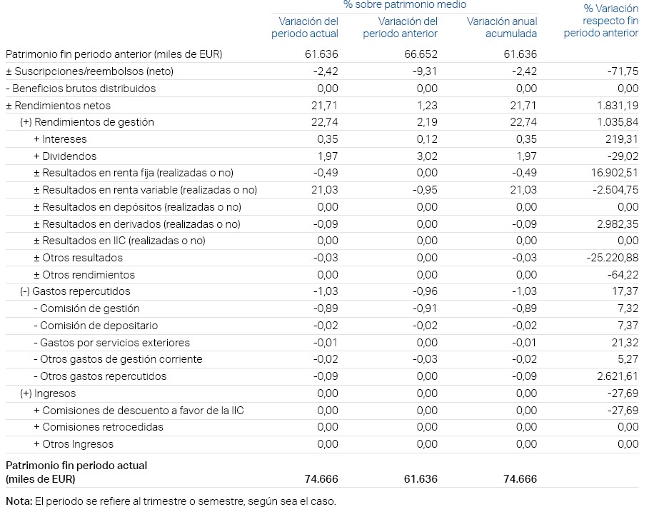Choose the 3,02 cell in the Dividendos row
pyautogui.click(x=426, y=156)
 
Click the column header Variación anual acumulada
pyautogui.click(x=502, y=28)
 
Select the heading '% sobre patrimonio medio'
pyautogui.click(x=404, y=5)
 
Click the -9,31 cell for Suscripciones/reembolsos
pyautogui.click(x=426, y=71)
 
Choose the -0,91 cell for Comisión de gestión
pyautogui.click(x=426, y=308)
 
